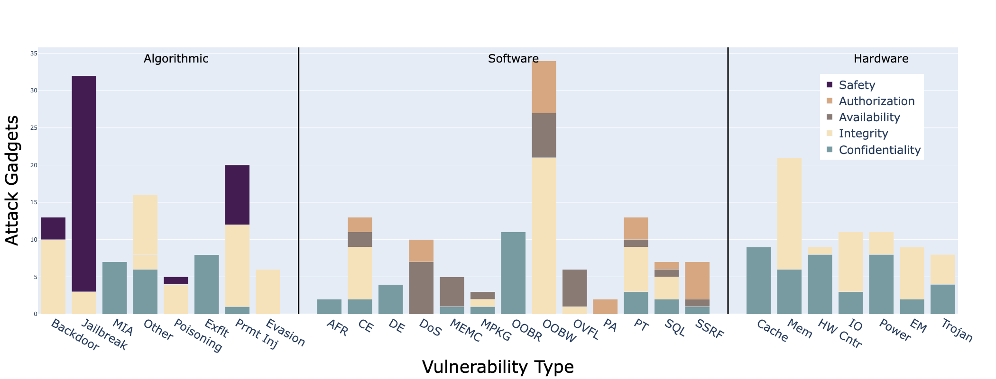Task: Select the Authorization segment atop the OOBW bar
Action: (x=544, y=87)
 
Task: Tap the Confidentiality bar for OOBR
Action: (x=513, y=273)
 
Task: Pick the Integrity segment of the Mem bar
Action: (x=789, y=213)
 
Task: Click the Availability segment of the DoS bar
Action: (x=421, y=288)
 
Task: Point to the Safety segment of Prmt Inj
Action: (x=237, y=195)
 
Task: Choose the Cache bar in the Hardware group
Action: (x=758, y=280)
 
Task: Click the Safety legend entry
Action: (x=857, y=85)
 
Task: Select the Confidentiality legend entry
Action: (x=879, y=150)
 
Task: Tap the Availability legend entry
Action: (x=869, y=117)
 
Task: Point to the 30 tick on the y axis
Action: (x=34, y=90)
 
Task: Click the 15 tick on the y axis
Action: (x=34, y=202)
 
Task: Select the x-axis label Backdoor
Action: (x=75, y=335)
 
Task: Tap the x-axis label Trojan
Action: (x=956, y=331)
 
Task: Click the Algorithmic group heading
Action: (x=176, y=59)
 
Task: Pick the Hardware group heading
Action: (x=881, y=59)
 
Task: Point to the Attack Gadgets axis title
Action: (x=13, y=180)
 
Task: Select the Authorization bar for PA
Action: (x=605, y=307)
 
